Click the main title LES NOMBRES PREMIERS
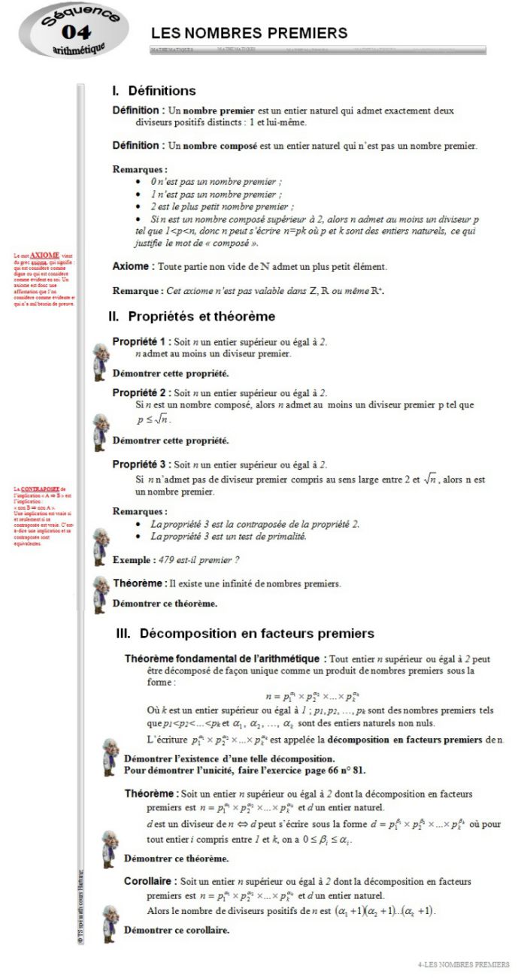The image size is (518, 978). tap(249, 33)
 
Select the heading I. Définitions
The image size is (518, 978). tap(153, 91)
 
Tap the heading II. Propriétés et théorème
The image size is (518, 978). tap(192, 316)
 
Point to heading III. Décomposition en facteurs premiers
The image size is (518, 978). tap(245, 634)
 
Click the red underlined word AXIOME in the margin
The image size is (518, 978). tap(44, 256)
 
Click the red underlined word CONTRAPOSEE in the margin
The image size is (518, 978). tap(39, 489)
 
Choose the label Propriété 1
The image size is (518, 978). tap(141, 341)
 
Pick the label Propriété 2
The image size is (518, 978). tap(141, 392)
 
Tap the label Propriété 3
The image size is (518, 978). tap(141, 465)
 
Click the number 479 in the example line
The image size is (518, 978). tap(168, 560)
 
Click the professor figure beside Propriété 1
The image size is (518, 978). tap(100, 361)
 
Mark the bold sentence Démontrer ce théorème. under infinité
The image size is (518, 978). tap(165, 603)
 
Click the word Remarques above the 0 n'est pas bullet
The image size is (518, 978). tap(139, 170)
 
